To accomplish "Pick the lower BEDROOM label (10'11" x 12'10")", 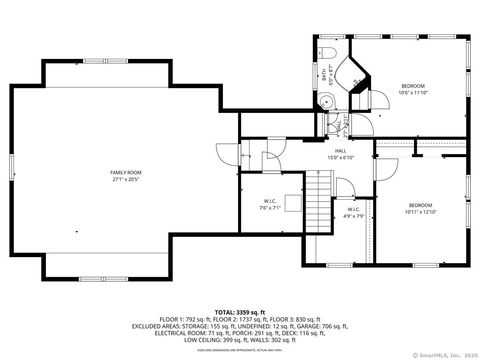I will coord(420,205).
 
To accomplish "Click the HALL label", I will coord(341,150).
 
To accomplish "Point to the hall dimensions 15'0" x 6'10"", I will coord(341,157).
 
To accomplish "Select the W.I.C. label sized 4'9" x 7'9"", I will coord(354,209).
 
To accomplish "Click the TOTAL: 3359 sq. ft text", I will coord(239,312).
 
